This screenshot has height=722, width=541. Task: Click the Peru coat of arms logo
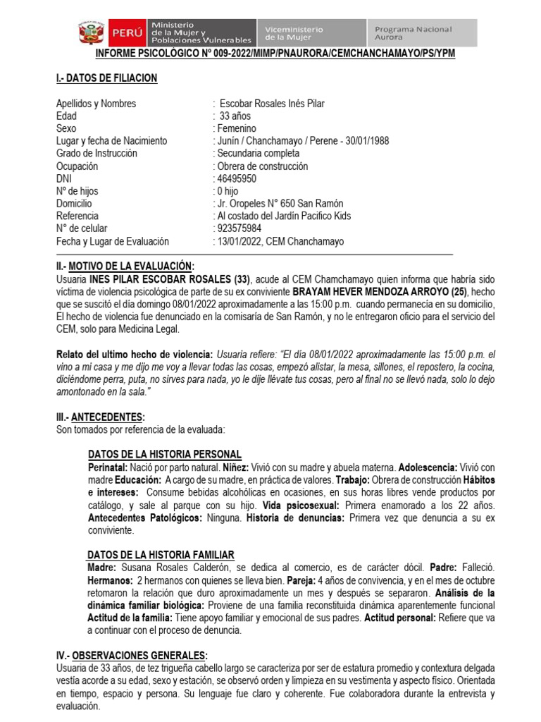coord(90,33)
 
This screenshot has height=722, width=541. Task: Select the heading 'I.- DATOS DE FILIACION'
coord(106,78)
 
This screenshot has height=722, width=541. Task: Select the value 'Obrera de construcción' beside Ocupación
coord(262,166)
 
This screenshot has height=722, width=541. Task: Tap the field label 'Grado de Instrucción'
coord(97,154)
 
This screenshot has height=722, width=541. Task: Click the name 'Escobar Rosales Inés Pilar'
coord(272,104)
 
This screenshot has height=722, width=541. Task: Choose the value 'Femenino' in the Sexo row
coord(237,128)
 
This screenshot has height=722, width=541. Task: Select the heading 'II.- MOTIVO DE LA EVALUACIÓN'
coord(125,266)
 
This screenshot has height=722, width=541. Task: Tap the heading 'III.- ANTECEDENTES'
coord(101,417)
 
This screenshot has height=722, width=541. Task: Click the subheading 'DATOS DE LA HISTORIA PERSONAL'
coord(165,454)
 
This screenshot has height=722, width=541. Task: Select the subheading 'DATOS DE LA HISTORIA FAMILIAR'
coord(161,555)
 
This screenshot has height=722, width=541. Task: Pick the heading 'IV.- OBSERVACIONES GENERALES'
coord(132,655)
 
